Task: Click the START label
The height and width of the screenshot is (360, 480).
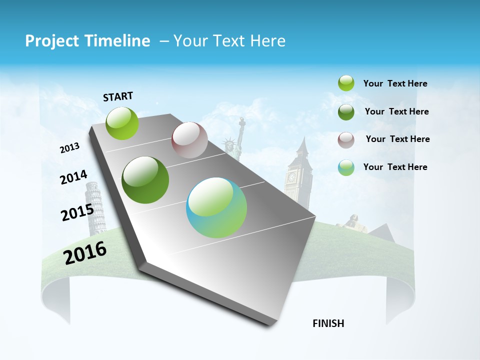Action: (118, 96)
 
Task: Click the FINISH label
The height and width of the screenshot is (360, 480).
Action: (328, 323)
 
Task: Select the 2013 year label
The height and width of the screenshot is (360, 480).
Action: (70, 148)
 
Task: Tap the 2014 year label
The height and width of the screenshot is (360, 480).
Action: (73, 177)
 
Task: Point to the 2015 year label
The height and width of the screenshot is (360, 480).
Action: (77, 212)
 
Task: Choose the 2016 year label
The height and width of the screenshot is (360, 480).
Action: (85, 252)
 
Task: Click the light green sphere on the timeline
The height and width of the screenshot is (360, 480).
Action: (122, 123)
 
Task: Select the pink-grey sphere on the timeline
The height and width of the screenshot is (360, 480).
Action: (189, 140)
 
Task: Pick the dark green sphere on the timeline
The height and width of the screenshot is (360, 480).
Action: (145, 180)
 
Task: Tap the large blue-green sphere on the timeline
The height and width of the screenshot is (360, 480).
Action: (216, 207)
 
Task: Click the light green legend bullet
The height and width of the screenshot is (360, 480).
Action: (346, 83)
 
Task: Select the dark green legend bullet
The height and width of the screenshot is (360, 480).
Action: (346, 111)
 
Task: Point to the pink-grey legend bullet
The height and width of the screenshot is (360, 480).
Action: (346, 139)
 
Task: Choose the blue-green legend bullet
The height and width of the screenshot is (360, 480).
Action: (346, 167)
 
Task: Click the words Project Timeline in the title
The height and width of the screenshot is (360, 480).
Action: (87, 41)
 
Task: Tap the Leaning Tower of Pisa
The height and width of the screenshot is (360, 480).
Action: (95, 207)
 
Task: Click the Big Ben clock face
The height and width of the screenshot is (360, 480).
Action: (291, 177)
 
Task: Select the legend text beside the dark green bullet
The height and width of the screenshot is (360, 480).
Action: (396, 111)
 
